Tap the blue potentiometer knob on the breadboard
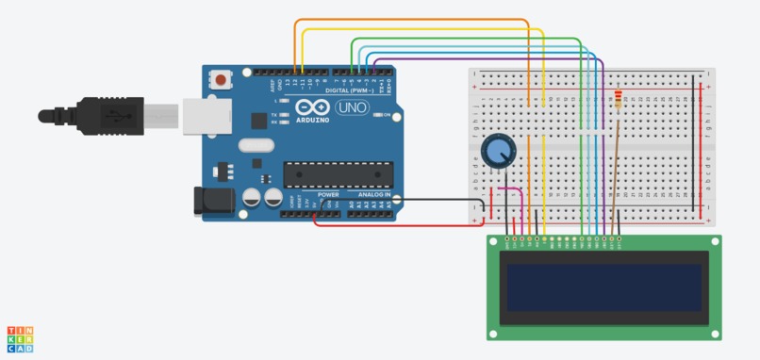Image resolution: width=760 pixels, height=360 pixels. (x=498, y=150)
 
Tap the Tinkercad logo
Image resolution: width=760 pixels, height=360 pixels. (x=20, y=339)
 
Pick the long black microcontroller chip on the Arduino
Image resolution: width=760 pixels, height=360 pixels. (x=337, y=173)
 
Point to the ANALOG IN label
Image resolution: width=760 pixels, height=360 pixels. (x=374, y=195)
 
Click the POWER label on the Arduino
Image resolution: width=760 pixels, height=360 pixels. (x=326, y=195)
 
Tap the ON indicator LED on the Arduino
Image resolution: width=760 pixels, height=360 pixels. (x=376, y=115)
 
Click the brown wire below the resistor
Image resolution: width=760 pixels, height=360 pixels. (x=614, y=170)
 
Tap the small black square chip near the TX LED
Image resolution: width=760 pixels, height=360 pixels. (x=257, y=120)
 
